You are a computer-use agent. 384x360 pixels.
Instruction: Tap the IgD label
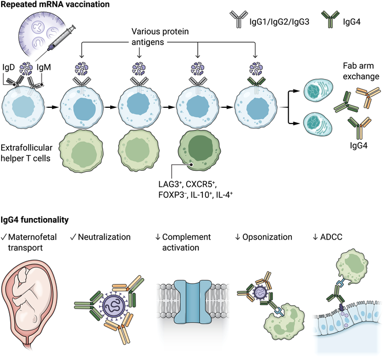tap(9, 67)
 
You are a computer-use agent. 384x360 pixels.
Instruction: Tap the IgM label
tap(44, 67)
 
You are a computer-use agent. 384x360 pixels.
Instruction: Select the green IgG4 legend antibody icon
tap(330, 19)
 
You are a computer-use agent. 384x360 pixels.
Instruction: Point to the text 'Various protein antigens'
tap(160, 37)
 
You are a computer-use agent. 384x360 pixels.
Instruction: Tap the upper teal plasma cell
tap(318, 91)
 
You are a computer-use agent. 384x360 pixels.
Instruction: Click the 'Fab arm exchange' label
tap(361, 71)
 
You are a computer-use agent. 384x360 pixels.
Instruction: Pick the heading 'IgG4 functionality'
tap(35, 220)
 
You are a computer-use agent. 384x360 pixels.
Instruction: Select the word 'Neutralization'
tap(104, 237)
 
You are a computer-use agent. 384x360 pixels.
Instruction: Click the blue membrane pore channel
tap(193, 302)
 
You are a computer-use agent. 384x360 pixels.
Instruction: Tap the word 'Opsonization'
tap(267, 237)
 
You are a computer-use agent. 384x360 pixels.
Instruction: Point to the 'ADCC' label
tap(331, 237)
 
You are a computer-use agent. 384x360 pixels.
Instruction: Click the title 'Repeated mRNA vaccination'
tap(55, 5)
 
